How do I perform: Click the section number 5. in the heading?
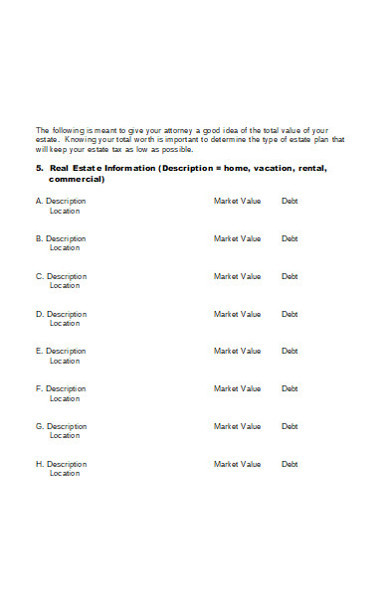point(39,169)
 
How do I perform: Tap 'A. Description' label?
point(61,202)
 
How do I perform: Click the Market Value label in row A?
point(237,202)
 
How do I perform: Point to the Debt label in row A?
point(290,202)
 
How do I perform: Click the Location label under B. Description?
point(65,248)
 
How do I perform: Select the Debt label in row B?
point(290,238)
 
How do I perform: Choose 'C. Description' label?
point(61,276)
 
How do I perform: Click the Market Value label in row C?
point(237,276)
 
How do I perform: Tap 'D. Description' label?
point(61,314)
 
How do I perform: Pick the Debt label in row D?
point(290,314)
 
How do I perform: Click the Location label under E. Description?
point(65,361)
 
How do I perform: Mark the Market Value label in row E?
point(237,351)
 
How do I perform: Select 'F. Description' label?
point(61,388)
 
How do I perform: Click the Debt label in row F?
point(290,388)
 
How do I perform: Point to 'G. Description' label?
point(61,426)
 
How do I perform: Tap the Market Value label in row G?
point(237,426)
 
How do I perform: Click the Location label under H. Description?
point(65,473)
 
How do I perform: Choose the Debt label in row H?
point(290,464)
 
